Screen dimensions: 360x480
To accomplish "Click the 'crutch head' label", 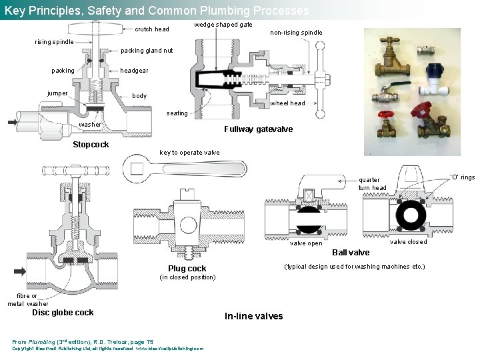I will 152,29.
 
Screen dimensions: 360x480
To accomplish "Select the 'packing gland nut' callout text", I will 147,51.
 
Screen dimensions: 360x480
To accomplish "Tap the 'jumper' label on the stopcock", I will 57,93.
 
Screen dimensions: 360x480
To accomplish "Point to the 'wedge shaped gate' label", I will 223,25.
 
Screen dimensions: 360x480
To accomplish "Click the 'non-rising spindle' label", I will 296,33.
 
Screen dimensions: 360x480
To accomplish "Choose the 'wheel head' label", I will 287,103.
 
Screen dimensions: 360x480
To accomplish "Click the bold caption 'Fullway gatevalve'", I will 258,129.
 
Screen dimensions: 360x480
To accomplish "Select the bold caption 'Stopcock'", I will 91,145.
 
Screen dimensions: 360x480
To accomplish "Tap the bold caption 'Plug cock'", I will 187,269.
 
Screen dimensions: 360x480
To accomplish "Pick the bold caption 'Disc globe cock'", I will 63,313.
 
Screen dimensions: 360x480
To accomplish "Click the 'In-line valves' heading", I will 253,316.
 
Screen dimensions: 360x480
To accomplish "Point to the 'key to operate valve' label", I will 189,153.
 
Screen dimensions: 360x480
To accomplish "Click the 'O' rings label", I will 462,177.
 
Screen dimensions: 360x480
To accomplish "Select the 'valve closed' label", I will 408,242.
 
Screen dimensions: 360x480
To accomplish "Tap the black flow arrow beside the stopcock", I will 15,122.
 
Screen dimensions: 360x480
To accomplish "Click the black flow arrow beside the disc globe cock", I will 20,271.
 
